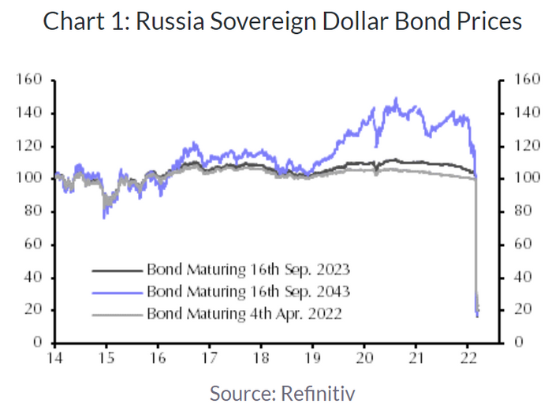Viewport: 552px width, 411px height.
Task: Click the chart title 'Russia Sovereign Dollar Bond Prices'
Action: click(329, 21)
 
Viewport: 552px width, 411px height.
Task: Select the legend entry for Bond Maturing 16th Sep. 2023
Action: click(248, 270)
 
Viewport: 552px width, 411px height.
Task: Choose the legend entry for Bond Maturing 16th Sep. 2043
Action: click(248, 291)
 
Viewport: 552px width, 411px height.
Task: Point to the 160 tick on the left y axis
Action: click(28, 80)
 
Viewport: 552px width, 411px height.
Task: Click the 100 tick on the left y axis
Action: click(28, 178)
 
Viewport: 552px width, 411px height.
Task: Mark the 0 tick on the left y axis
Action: click(36, 342)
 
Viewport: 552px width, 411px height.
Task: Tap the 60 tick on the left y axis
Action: click(32, 245)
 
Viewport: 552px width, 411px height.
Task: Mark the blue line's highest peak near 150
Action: click(396, 99)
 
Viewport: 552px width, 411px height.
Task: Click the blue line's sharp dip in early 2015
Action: click(104, 218)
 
